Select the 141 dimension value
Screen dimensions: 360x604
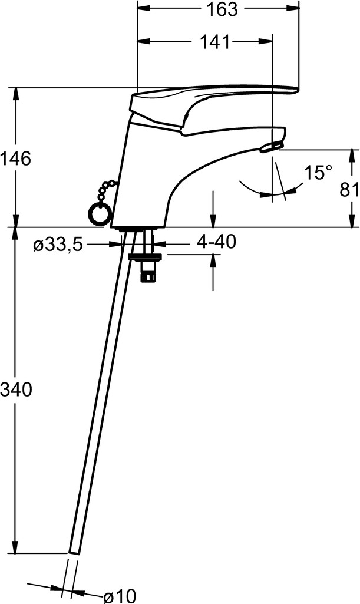click(x=214, y=42)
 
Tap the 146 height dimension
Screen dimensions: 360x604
click(x=15, y=159)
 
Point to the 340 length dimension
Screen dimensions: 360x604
click(x=15, y=390)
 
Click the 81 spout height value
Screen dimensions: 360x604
click(x=349, y=190)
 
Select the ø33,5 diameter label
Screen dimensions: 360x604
click(x=58, y=245)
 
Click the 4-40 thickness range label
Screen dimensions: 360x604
click(x=216, y=242)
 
